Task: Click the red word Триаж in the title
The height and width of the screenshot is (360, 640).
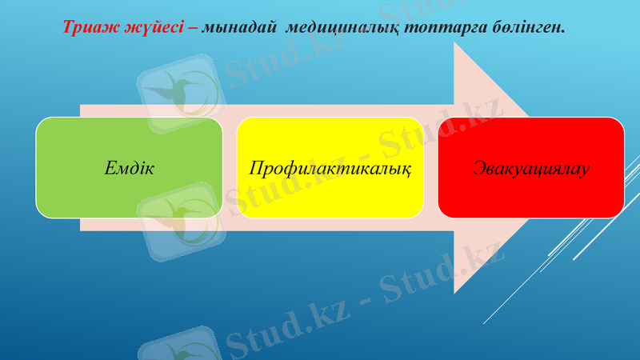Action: click(88, 27)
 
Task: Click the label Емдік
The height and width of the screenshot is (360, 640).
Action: click(129, 168)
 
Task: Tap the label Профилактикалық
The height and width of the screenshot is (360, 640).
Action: click(330, 169)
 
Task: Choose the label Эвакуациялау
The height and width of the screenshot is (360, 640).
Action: click(531, 168)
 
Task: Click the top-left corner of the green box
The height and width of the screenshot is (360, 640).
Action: click(38, 119)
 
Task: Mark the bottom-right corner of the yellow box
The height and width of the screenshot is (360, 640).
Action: click(422, 216)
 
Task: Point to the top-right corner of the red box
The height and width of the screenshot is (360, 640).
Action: click(622, 119)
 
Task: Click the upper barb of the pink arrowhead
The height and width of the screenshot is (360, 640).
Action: click(454, 43)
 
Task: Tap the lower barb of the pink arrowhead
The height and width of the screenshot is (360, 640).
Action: click(454, 293)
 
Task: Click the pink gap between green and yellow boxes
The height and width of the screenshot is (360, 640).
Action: click(229, 168)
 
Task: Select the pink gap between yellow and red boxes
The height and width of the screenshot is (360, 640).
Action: click(430, 168)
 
